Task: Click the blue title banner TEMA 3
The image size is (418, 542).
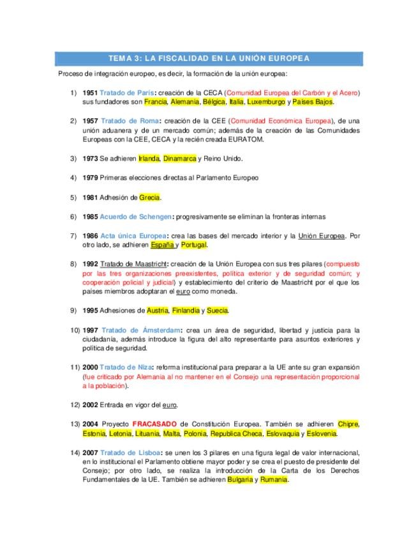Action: tap(209, 58)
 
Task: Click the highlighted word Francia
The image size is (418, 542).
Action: tap(155, 102)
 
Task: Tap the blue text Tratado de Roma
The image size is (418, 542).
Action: tap(130, 121)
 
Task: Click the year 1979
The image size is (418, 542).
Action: tap(90, 178)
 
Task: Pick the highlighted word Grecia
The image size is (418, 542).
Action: tap(149, 197)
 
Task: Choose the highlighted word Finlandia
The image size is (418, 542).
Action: tap(184, 311)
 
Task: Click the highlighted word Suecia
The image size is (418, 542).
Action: tap(218, 311)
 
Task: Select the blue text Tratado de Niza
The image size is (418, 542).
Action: tap(126, 368)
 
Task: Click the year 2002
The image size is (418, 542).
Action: tap(90, 405)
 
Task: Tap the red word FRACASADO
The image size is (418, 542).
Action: tap(154, 424)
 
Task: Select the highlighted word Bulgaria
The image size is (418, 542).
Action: tap(240, 480)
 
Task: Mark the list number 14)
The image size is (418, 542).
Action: tap(75, 453)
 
